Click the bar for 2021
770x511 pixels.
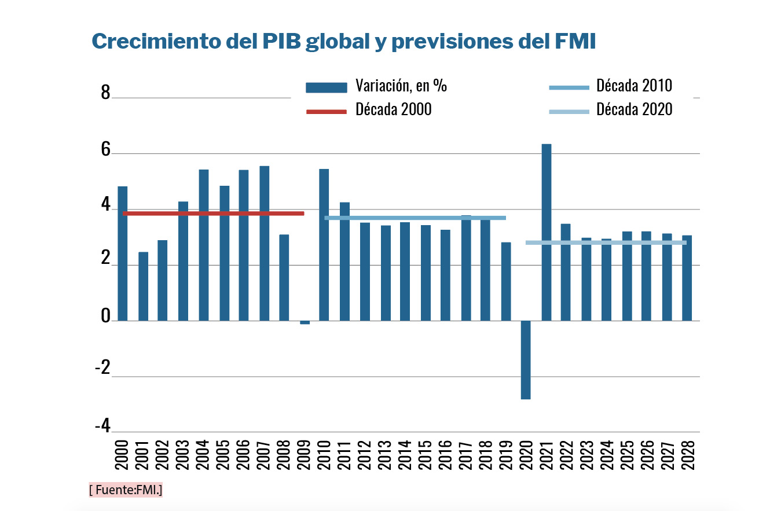click(546, 231)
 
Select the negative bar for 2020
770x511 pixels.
click(526, 359)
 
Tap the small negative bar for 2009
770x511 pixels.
click(305, 322)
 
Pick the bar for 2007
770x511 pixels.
click(264, 243)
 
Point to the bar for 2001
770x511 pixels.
click(142, 286)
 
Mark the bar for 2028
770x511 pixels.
click(687, 278)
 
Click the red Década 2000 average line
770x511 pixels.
click(213, 214)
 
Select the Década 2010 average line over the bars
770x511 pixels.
click(415, 218)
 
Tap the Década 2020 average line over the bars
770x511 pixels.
click(606, 242)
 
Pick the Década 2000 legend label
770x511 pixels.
click(393, 109)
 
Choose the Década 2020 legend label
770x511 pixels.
click(634, 109)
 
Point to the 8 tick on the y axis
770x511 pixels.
click(105, 93)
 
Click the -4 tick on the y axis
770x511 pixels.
click(102, 427)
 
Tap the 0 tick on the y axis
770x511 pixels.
click(105, 316)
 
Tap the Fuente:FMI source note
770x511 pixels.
click(126, 490)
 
